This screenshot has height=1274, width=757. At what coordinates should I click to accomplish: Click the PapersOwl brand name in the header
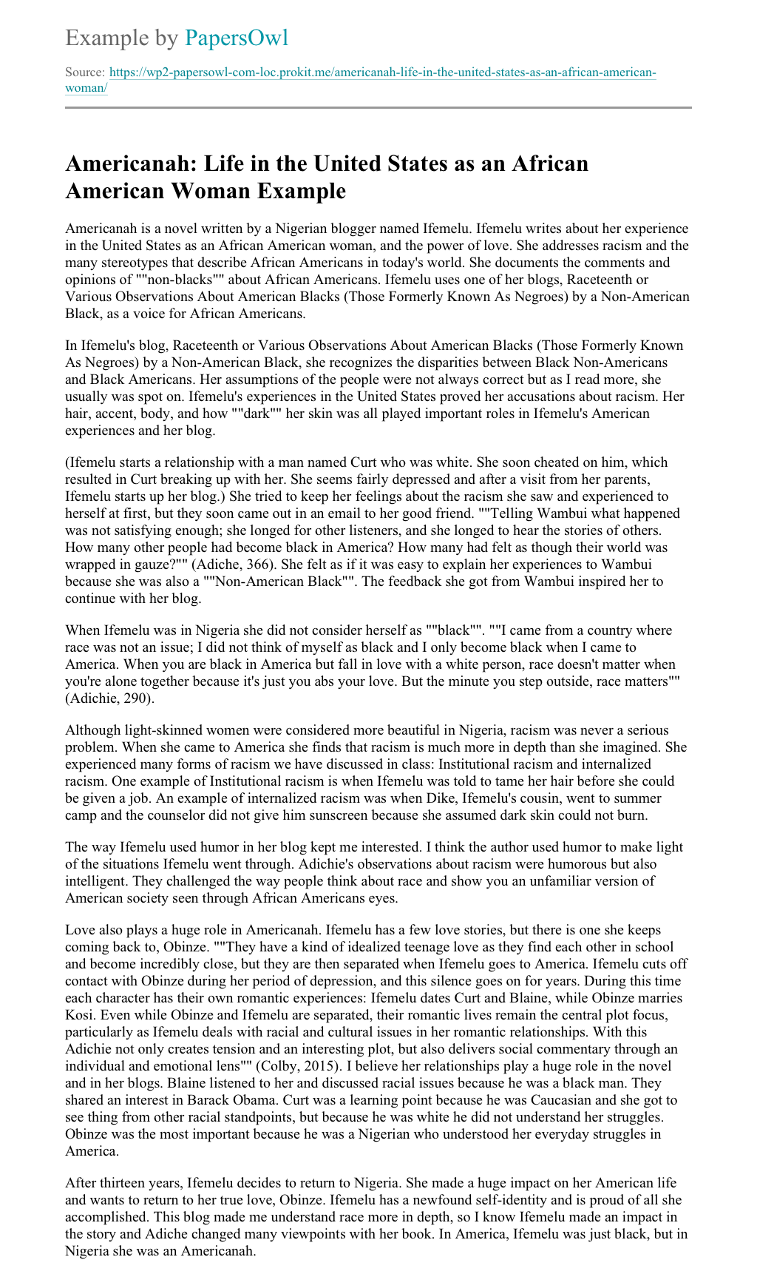coord(236,38)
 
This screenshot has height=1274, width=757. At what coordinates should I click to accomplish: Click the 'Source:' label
coord(85,73)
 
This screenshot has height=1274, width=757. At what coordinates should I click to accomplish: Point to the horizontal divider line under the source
coord(378,108)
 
